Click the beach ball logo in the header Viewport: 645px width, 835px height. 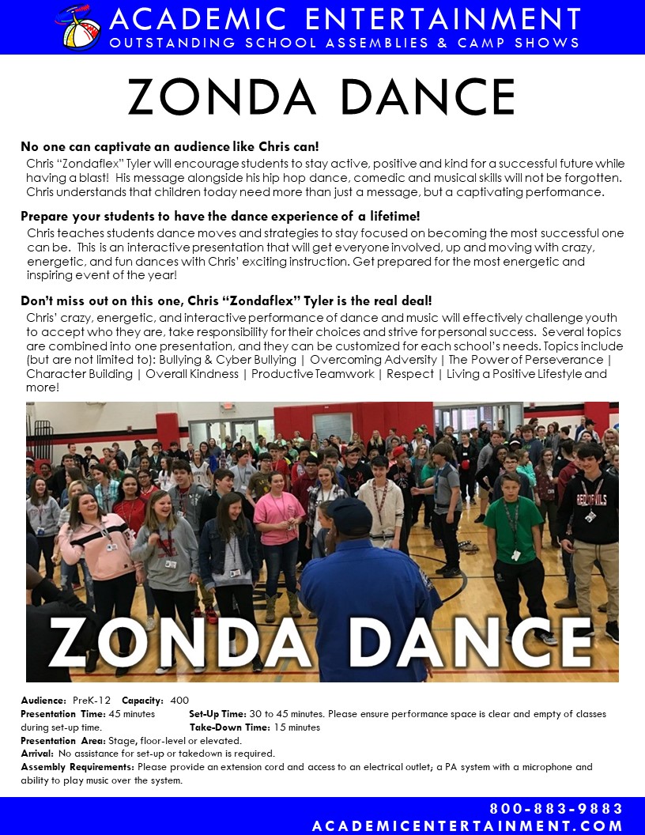point(78,26)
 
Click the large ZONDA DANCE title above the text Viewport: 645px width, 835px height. point(322,97)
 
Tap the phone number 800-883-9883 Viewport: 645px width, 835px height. point(556,809)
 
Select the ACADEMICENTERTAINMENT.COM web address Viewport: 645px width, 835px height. point(468,826)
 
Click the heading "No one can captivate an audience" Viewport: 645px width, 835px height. point(170,147)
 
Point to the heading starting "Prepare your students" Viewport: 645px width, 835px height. point(221,217)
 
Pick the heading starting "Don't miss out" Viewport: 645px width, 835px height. point(226,300)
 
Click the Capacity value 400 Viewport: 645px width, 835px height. point(179,701)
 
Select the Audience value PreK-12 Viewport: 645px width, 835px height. point(92,701)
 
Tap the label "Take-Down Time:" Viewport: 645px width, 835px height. point(229,727)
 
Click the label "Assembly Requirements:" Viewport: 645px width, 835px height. point(77,767)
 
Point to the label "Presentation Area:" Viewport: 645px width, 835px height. point(64,741)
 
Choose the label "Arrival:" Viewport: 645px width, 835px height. point(37,754)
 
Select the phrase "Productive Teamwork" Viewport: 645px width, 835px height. point(313,373)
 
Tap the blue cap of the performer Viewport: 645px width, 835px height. point(348,514)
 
